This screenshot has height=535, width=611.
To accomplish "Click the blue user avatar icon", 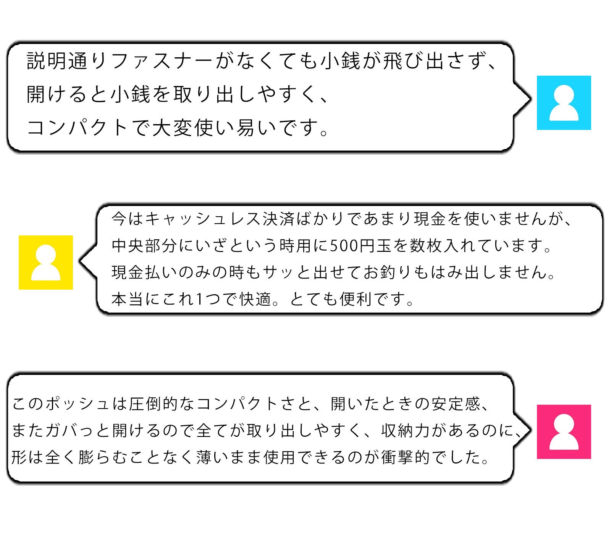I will click(x=564, y=103).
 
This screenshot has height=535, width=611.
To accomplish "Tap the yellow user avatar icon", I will click(x=46, y=263).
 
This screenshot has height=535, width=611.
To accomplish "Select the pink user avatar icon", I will click(x=564, y=432).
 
